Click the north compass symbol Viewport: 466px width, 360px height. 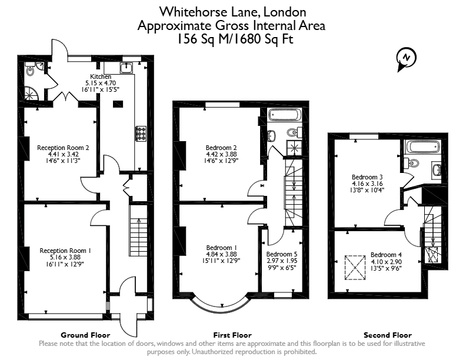tap(406, 59)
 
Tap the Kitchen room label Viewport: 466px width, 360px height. tap(101, 76)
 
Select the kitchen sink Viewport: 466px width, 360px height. tap(127, 68)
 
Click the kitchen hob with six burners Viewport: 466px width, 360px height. tap(141, 134)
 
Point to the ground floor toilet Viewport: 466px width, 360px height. tap(30, 71)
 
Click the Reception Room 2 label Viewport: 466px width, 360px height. tap(63, 148)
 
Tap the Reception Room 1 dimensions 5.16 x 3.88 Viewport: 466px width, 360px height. tap(65, 257)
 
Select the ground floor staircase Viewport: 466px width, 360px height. tap(138, 231)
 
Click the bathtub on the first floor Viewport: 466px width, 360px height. tap(284, 115)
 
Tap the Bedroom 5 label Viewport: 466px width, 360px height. tap(282, 254)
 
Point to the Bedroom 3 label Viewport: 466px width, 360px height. tap(367, 177)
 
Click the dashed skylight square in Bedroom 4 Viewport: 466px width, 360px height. tap(355, 268)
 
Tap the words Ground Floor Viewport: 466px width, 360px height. tap(85, 335)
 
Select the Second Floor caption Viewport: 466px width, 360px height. tap(388, 335)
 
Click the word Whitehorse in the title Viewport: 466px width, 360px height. tap(194, 12)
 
